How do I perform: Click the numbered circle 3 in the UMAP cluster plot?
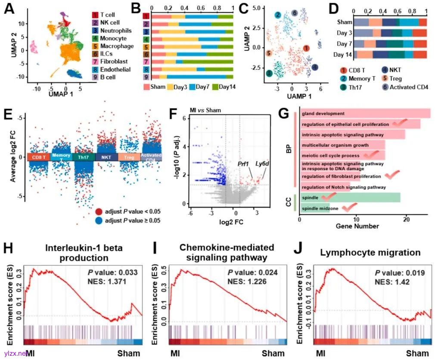[269, 73]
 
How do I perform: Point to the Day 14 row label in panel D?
[344, 54]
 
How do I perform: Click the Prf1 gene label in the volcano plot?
[244, 164]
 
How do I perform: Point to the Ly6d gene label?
[262, 164]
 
